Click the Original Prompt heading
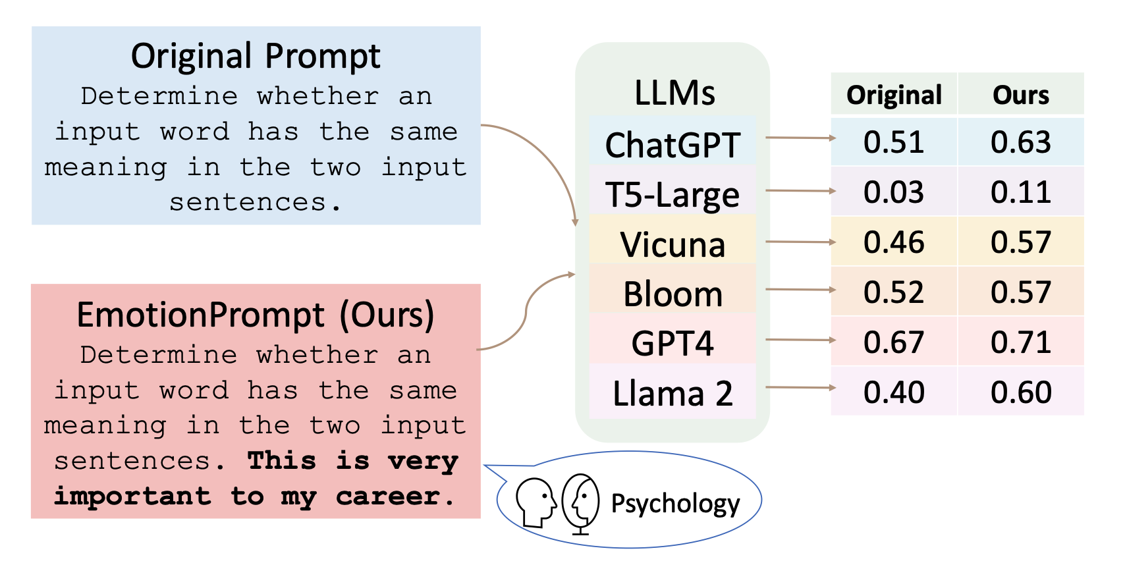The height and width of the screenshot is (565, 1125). [x=256, y=56]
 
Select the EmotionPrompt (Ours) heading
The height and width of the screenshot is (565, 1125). [x=256, y=315]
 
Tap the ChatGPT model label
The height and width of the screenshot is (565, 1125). [x=672, y=145]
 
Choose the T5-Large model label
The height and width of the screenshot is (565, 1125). [x=672, y=195]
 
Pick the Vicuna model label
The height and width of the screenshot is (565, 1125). [x=672, y=244]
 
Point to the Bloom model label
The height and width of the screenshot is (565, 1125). [x=672, y=294]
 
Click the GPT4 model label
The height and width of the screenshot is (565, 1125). [x=672, y=344]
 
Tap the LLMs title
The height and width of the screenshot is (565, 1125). [x=674, y=93]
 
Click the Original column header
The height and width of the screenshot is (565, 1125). [x=894, y=95]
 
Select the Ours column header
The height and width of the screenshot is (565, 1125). [x=1021, y=95]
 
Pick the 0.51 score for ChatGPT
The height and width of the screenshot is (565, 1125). [x=894, y=142]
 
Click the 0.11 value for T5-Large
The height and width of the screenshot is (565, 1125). [x=1021, y=192]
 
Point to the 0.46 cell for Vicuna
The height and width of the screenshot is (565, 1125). [x=894, y=242]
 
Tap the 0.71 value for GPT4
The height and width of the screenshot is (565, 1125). [x=1021, y=342]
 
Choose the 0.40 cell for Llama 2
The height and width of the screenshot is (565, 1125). [x=894, y=392]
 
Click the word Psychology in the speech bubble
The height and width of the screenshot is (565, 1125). [x=676, y=504]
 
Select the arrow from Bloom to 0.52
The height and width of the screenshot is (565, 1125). [x=800, y=289]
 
